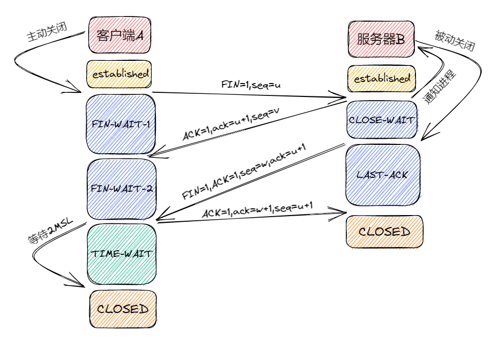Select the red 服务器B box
click(x=381, y=39)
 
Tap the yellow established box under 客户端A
click(x=120, y=74)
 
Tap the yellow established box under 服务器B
click(x=381, y=78)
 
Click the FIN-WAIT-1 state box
click(x=121, y=124)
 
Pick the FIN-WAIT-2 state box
click(x=121, y=188)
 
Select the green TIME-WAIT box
click(x=121, y=254)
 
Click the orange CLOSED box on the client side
click(x=122, y=309)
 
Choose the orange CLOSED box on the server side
click(x=384, y=232)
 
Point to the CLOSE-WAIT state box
click(x=381, y=120)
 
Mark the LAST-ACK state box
click(x=382, y=175)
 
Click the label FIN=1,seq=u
click(x=251, y=84)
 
